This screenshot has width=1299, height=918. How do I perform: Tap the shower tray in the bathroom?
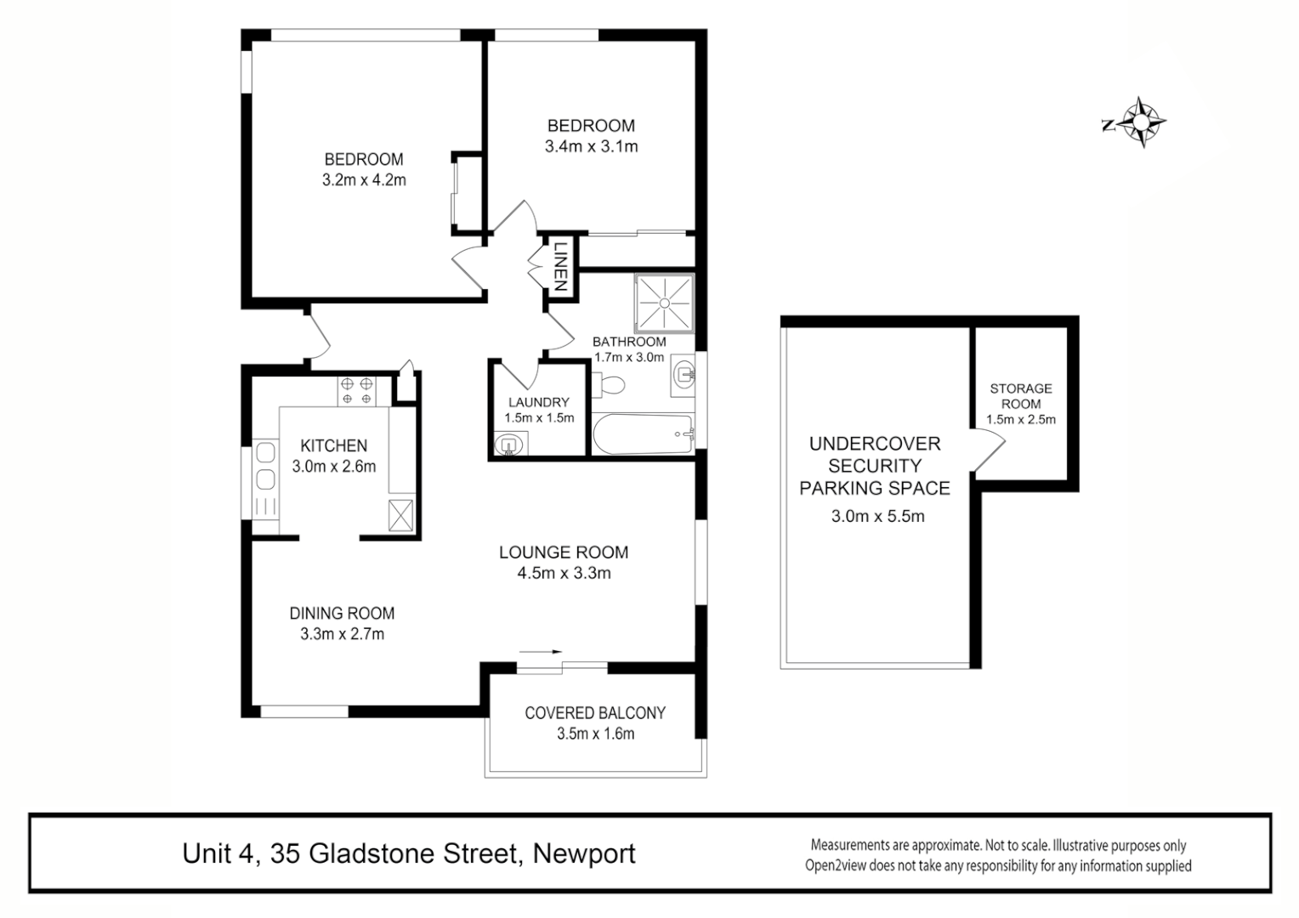coord(664,303)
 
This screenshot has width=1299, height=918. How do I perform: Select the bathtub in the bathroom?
coord(642,433)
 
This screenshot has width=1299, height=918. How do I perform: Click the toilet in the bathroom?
coord(610,385)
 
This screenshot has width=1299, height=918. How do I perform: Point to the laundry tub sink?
coord(508,444)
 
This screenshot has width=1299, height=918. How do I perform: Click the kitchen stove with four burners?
coord(356,390)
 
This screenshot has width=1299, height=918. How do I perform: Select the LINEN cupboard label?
coord(560,267)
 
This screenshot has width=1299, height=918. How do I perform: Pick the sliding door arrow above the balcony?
coord(541,651)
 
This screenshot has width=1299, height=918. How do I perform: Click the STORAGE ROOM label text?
coord(1020,396)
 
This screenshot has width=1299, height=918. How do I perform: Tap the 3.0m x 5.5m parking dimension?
coord(877,515)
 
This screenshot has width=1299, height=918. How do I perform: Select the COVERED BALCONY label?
coord(595,713)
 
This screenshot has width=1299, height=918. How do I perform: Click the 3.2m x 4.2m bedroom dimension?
coord(364,180)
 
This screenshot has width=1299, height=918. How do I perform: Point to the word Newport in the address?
coord(584,853)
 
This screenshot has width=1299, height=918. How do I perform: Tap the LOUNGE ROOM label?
coord(564,552)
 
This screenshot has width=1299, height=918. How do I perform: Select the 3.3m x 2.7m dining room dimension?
coord(342,634)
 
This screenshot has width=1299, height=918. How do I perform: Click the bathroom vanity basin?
coord(683,374)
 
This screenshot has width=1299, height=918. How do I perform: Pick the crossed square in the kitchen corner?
coord(400,516)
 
